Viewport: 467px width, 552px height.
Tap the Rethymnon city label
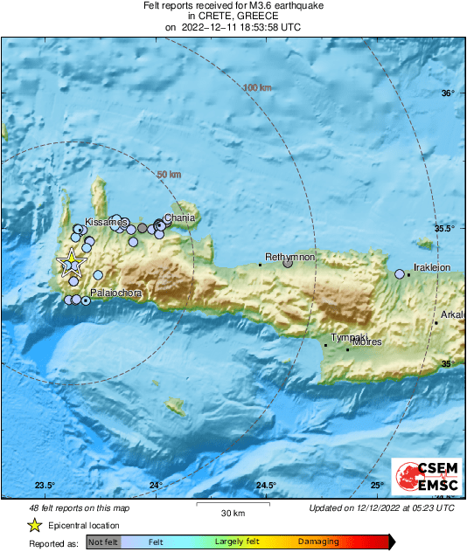click(x=289, y=257)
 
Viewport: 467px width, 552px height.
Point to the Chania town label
click(x=179, y=218)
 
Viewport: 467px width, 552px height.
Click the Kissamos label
click(x=107, y=223)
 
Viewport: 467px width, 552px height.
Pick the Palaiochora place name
click(x=116, y=293)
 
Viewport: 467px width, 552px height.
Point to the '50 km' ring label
click(x=169, y=176)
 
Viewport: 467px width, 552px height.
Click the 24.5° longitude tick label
click(x=266, y=486)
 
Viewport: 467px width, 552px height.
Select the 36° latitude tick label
click(x=448, y=93)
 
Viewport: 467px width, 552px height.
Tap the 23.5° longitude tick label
click(x=45, y=486)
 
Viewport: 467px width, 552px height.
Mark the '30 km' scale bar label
click(x=232, y=512)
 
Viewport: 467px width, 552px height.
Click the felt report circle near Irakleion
click(x=400, y=274)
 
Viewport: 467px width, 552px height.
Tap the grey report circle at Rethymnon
click(x=288, y=263)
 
